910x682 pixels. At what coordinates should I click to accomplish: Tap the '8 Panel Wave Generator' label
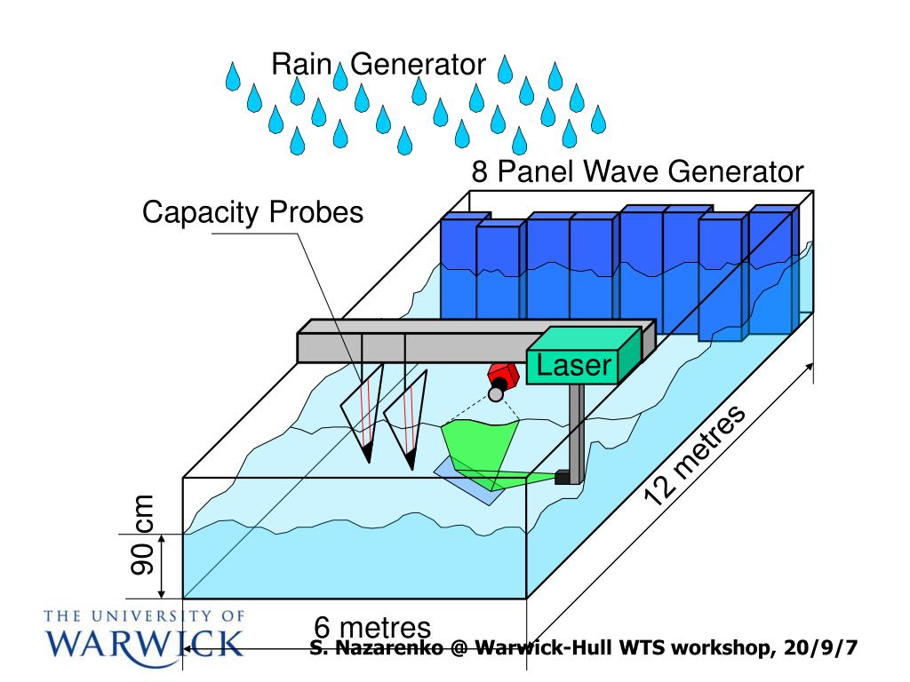pos(636,171)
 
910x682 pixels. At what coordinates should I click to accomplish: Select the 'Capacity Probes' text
pos(253,213)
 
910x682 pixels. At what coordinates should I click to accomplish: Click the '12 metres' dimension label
pos(695,456)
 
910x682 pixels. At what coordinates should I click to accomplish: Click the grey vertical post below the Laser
pos(576,426)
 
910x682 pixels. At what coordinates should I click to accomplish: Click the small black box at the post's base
pos(562,477)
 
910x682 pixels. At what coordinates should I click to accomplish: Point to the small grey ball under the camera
pos(496,394)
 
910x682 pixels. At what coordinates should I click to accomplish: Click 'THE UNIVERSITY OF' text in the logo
pos(142,615)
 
